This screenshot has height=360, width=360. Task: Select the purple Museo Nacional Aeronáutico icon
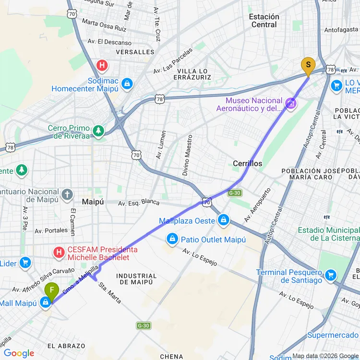click(290, 103)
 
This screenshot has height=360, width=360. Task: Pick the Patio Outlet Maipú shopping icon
click(171, 239)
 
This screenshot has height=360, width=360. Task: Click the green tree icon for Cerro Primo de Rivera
click(98, 131)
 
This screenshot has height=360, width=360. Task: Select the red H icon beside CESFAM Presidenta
click(59, 252)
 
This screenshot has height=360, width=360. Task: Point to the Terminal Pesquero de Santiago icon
click(330, 275)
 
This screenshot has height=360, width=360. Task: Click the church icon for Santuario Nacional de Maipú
click(67, 194)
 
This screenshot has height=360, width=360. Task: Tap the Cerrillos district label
click(247, 164)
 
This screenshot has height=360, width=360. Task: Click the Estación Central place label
click(264, 21)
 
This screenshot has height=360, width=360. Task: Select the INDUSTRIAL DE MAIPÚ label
click(136, 279)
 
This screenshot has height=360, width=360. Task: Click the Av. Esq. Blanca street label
click(139, 202)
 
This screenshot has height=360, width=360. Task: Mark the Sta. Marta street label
click(110, 293)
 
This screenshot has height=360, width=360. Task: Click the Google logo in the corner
click(19, 353)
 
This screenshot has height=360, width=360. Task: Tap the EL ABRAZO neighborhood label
click(66, 346)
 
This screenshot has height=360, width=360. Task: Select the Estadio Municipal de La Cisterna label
click(329, 234)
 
